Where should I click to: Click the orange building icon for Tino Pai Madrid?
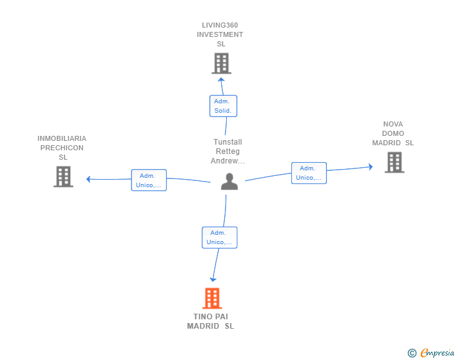[212, 298]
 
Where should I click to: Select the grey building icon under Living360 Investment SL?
[221, 63]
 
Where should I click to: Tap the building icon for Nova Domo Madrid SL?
[395, 162]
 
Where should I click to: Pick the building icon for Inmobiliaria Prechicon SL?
[63, 177]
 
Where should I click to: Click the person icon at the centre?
[229, 182]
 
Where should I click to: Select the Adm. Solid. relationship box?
[224, 106]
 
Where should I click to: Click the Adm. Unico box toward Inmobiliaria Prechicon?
[149, 180]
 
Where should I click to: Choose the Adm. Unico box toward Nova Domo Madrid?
[309, 173]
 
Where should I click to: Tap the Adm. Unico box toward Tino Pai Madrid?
[220, 237]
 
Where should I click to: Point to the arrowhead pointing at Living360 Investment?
[221, 80]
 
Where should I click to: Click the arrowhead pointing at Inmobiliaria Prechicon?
[88, 179]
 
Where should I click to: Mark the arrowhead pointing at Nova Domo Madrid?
[371, 167]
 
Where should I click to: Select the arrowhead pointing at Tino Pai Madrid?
[213, 279]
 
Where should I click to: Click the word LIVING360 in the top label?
[220, 25]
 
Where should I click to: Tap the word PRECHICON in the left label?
[62, 148]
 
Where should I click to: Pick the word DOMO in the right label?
[393, 133]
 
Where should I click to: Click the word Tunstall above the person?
[228, 142]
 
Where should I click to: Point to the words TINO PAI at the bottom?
[211, 317]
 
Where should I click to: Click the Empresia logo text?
[437, 353]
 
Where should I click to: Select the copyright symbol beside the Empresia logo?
[412, 353]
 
